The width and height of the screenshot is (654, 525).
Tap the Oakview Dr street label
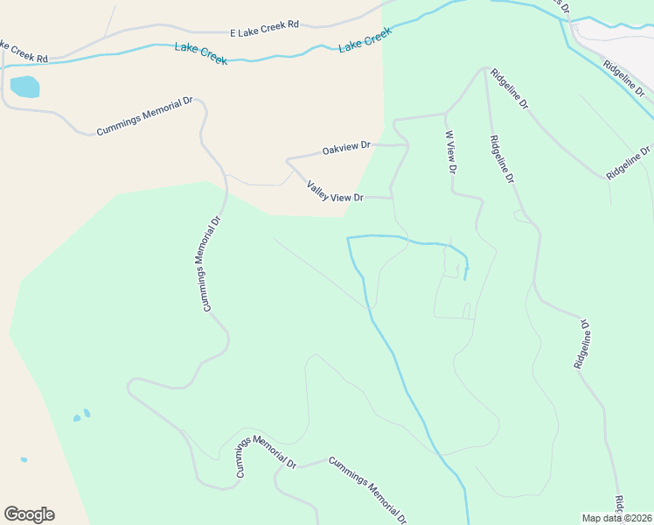(346, 150)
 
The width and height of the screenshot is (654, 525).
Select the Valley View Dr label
(334, 192)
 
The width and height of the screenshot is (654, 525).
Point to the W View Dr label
(450, 151)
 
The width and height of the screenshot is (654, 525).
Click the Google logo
(29, 514)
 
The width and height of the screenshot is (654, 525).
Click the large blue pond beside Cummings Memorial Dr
(24, 87)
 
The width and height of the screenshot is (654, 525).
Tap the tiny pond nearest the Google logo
(24, 459)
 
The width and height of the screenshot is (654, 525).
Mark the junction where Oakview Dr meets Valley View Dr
(288, 160)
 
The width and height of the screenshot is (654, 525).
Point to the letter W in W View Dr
(449, 136)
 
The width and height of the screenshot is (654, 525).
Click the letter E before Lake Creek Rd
(233, 33)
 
